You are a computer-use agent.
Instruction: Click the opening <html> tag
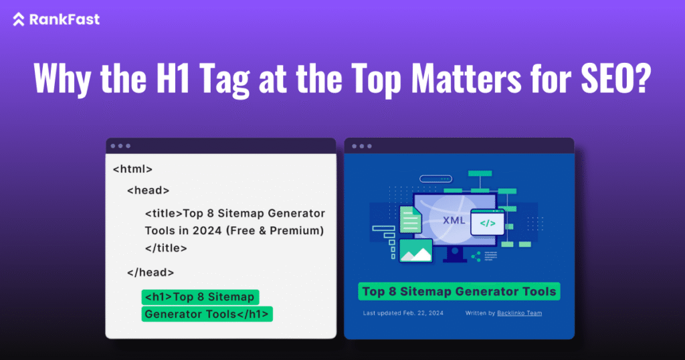(x=132, y=169)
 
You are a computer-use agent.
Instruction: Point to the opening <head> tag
(x=148, y=190)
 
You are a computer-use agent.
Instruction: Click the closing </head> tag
(x=151, y=272)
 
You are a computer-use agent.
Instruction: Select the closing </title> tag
(x=166, y=248)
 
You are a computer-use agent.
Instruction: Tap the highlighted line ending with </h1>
(x=207, y=314)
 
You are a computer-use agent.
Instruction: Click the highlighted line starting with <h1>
(x=200, y=297)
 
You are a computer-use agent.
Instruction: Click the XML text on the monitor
(x=454, y=219)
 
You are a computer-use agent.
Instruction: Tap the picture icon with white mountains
(x=415, y=251)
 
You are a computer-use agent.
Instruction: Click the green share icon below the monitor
(x=476, y=256)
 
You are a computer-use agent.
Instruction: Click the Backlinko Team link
(x=519, y=313)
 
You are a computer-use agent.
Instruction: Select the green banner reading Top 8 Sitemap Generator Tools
(x=458, y=292)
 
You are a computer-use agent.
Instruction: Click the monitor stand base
(x=455, y=258)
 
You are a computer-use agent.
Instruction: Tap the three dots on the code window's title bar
(x=121, y=145)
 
